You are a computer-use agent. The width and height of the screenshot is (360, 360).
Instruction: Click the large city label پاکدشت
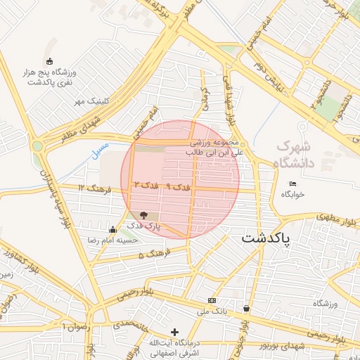pos(270,238)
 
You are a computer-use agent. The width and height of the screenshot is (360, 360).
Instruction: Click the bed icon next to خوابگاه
pos(292,184)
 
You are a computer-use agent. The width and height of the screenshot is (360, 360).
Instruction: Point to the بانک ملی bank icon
pos(212,300)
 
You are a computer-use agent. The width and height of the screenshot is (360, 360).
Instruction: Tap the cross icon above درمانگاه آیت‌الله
pos(175,331)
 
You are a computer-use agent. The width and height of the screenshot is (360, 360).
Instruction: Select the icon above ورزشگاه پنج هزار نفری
pos(49,61)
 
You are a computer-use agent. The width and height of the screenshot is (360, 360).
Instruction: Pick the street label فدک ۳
pos(146,185)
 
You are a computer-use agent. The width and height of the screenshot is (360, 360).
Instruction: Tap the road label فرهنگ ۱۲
pos(91,188)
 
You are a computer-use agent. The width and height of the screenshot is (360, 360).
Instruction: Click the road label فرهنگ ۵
pos(151,255)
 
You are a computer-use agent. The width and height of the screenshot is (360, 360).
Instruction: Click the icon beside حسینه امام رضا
pos(113,229)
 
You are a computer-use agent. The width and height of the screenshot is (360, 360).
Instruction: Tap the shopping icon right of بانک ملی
pos(246,308)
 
